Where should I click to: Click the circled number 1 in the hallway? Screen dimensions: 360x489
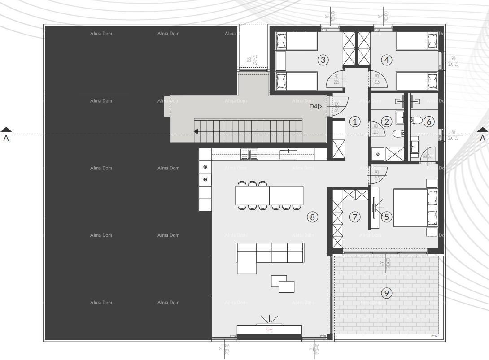(x=355, y=121)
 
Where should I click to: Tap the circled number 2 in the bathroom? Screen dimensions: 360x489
(x=386, y=121)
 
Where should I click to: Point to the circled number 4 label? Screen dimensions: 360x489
(x=386, y=60)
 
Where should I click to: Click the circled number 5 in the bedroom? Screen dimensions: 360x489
(x=386, y=217)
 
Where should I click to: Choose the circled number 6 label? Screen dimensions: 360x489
(x=428, y=121)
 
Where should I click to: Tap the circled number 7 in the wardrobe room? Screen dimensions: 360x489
(x=355, y=217)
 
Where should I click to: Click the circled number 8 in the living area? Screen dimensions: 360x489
(x=312, y=217)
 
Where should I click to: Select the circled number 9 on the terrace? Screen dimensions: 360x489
(x=386, y=293)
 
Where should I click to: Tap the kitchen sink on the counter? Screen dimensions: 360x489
(x=249, y=154)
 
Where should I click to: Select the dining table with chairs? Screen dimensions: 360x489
(x=269, y=195)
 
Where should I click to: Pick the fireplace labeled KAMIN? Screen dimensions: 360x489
(x=269, y=330)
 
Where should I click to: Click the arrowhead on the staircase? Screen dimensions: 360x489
(x=196, y=131)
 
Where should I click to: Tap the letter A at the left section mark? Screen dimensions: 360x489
(x=6, y=139)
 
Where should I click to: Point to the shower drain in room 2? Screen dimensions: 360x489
(x=378, y=154)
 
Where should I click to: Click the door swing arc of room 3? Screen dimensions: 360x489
(x=334, y=79)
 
